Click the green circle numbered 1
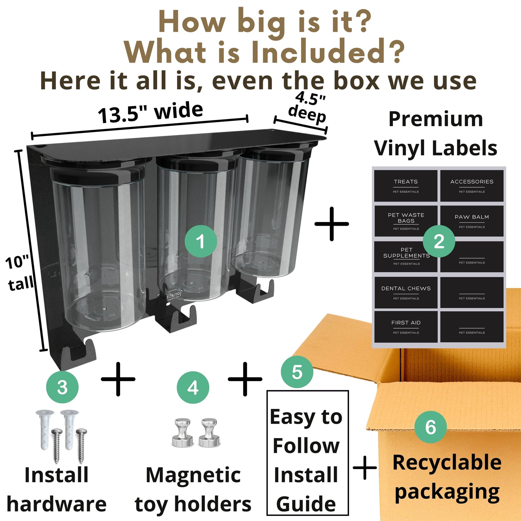(x=200, y=241)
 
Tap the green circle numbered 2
(x=439, y=241)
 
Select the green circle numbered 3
(x=62, y=388)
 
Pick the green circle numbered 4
(x=193, y=388)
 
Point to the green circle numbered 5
(x=297, y=372)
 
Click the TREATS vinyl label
(x=406, y=186)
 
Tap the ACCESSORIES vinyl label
(x=472, y=186)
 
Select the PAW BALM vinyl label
(x=472, y=221)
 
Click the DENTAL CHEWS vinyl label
(x=406, y=292)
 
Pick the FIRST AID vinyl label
(x=406, y=327)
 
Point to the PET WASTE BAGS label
(x=406, y=221)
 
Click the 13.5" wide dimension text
(x=150, y=112)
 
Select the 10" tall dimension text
(x=19, y=273)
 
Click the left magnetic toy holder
(x=183, y=432)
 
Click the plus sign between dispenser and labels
(x=332, y=224)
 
